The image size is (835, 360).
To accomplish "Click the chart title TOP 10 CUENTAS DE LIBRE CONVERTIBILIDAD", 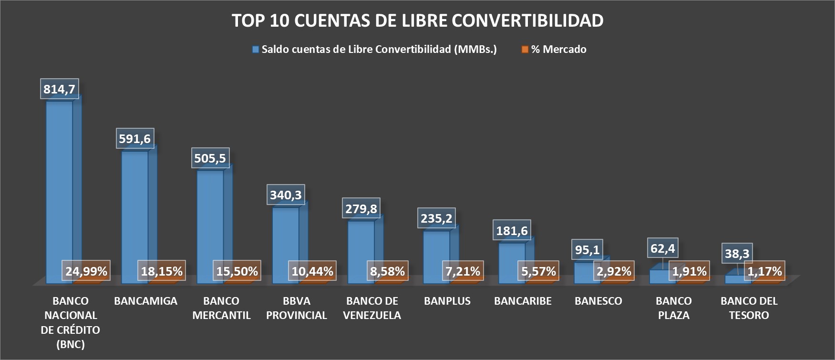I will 417,21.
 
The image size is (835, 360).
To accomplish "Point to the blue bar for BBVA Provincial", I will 285,238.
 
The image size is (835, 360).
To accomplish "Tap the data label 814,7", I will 59,89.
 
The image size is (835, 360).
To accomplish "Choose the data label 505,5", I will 210,158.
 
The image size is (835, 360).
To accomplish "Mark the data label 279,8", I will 361,208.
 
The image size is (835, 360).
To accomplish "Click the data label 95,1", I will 587,250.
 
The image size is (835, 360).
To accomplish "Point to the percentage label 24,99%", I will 86,271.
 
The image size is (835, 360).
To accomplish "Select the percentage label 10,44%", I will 312,271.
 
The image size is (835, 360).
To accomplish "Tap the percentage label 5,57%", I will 538,271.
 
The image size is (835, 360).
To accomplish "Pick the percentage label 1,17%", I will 764,271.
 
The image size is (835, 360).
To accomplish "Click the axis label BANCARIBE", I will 523,301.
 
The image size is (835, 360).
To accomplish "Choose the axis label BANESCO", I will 598,301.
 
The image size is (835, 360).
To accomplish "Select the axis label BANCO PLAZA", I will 673,308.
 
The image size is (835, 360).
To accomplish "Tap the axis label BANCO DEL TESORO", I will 749,308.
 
